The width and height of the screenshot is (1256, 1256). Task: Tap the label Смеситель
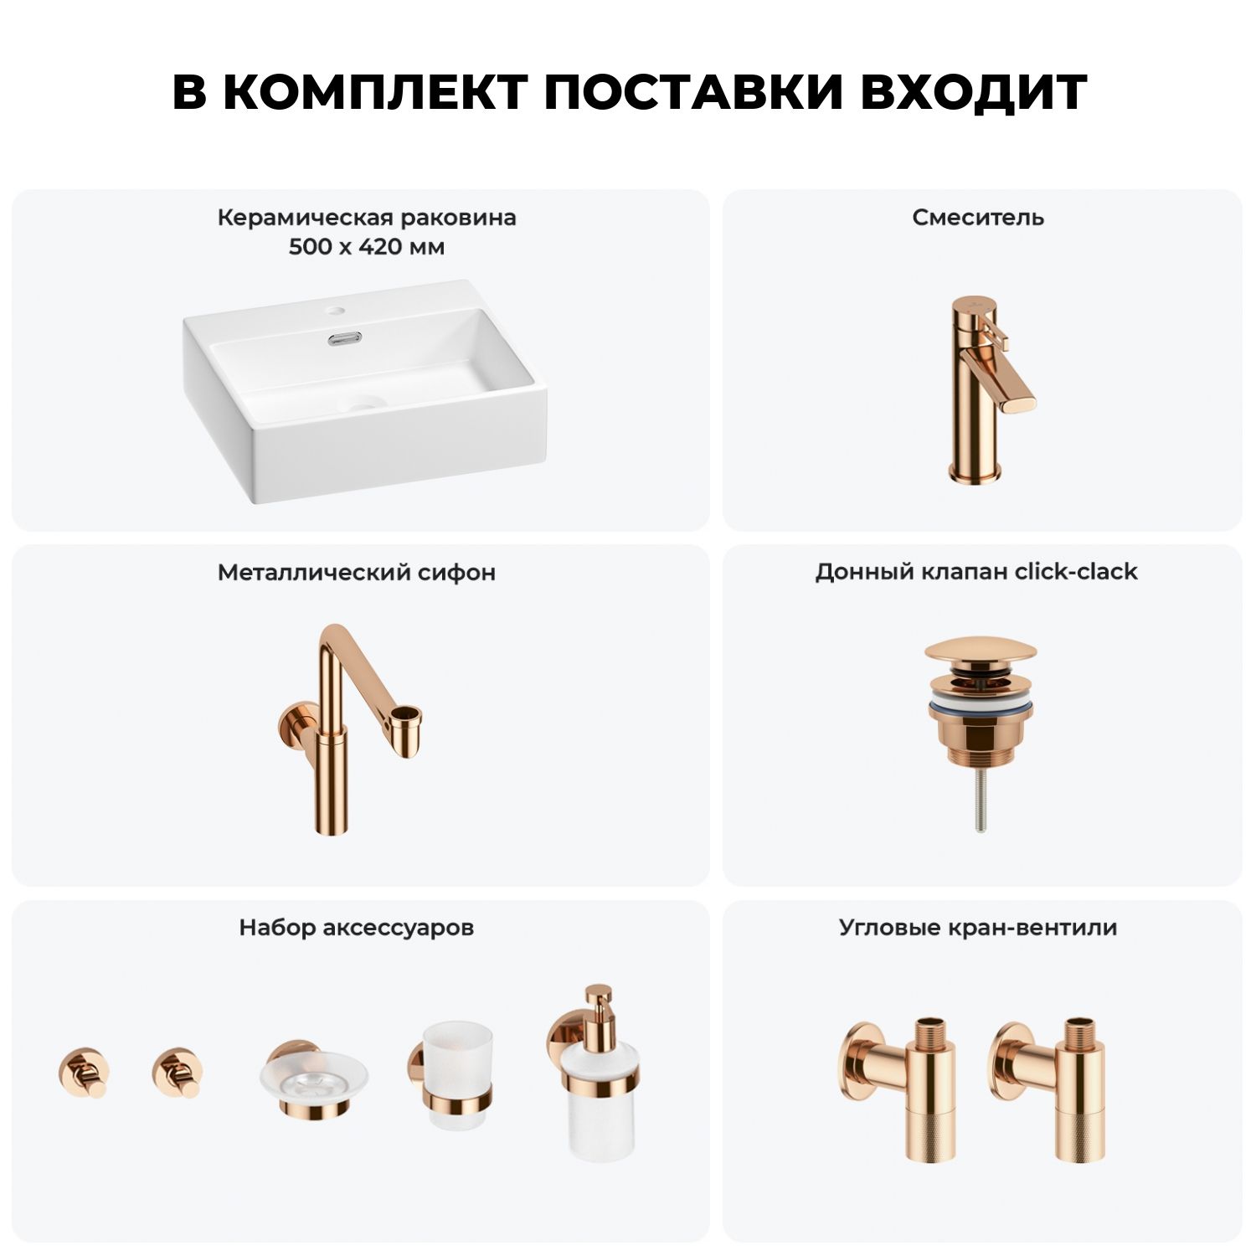coord(978,218)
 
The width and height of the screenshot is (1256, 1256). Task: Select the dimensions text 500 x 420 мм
coord(367,247)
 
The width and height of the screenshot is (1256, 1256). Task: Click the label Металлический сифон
coord(357,573)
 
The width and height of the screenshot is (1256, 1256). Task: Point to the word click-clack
coord(1076,572)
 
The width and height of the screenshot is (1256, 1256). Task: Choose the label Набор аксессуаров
coord(357,928)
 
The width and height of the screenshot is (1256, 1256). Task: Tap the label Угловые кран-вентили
coord(978,928)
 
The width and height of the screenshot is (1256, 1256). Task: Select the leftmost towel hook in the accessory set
coord(84,1073)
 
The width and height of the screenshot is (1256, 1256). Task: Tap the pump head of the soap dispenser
coord(598,1005)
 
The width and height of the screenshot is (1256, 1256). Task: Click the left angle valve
coord(899,1088)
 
